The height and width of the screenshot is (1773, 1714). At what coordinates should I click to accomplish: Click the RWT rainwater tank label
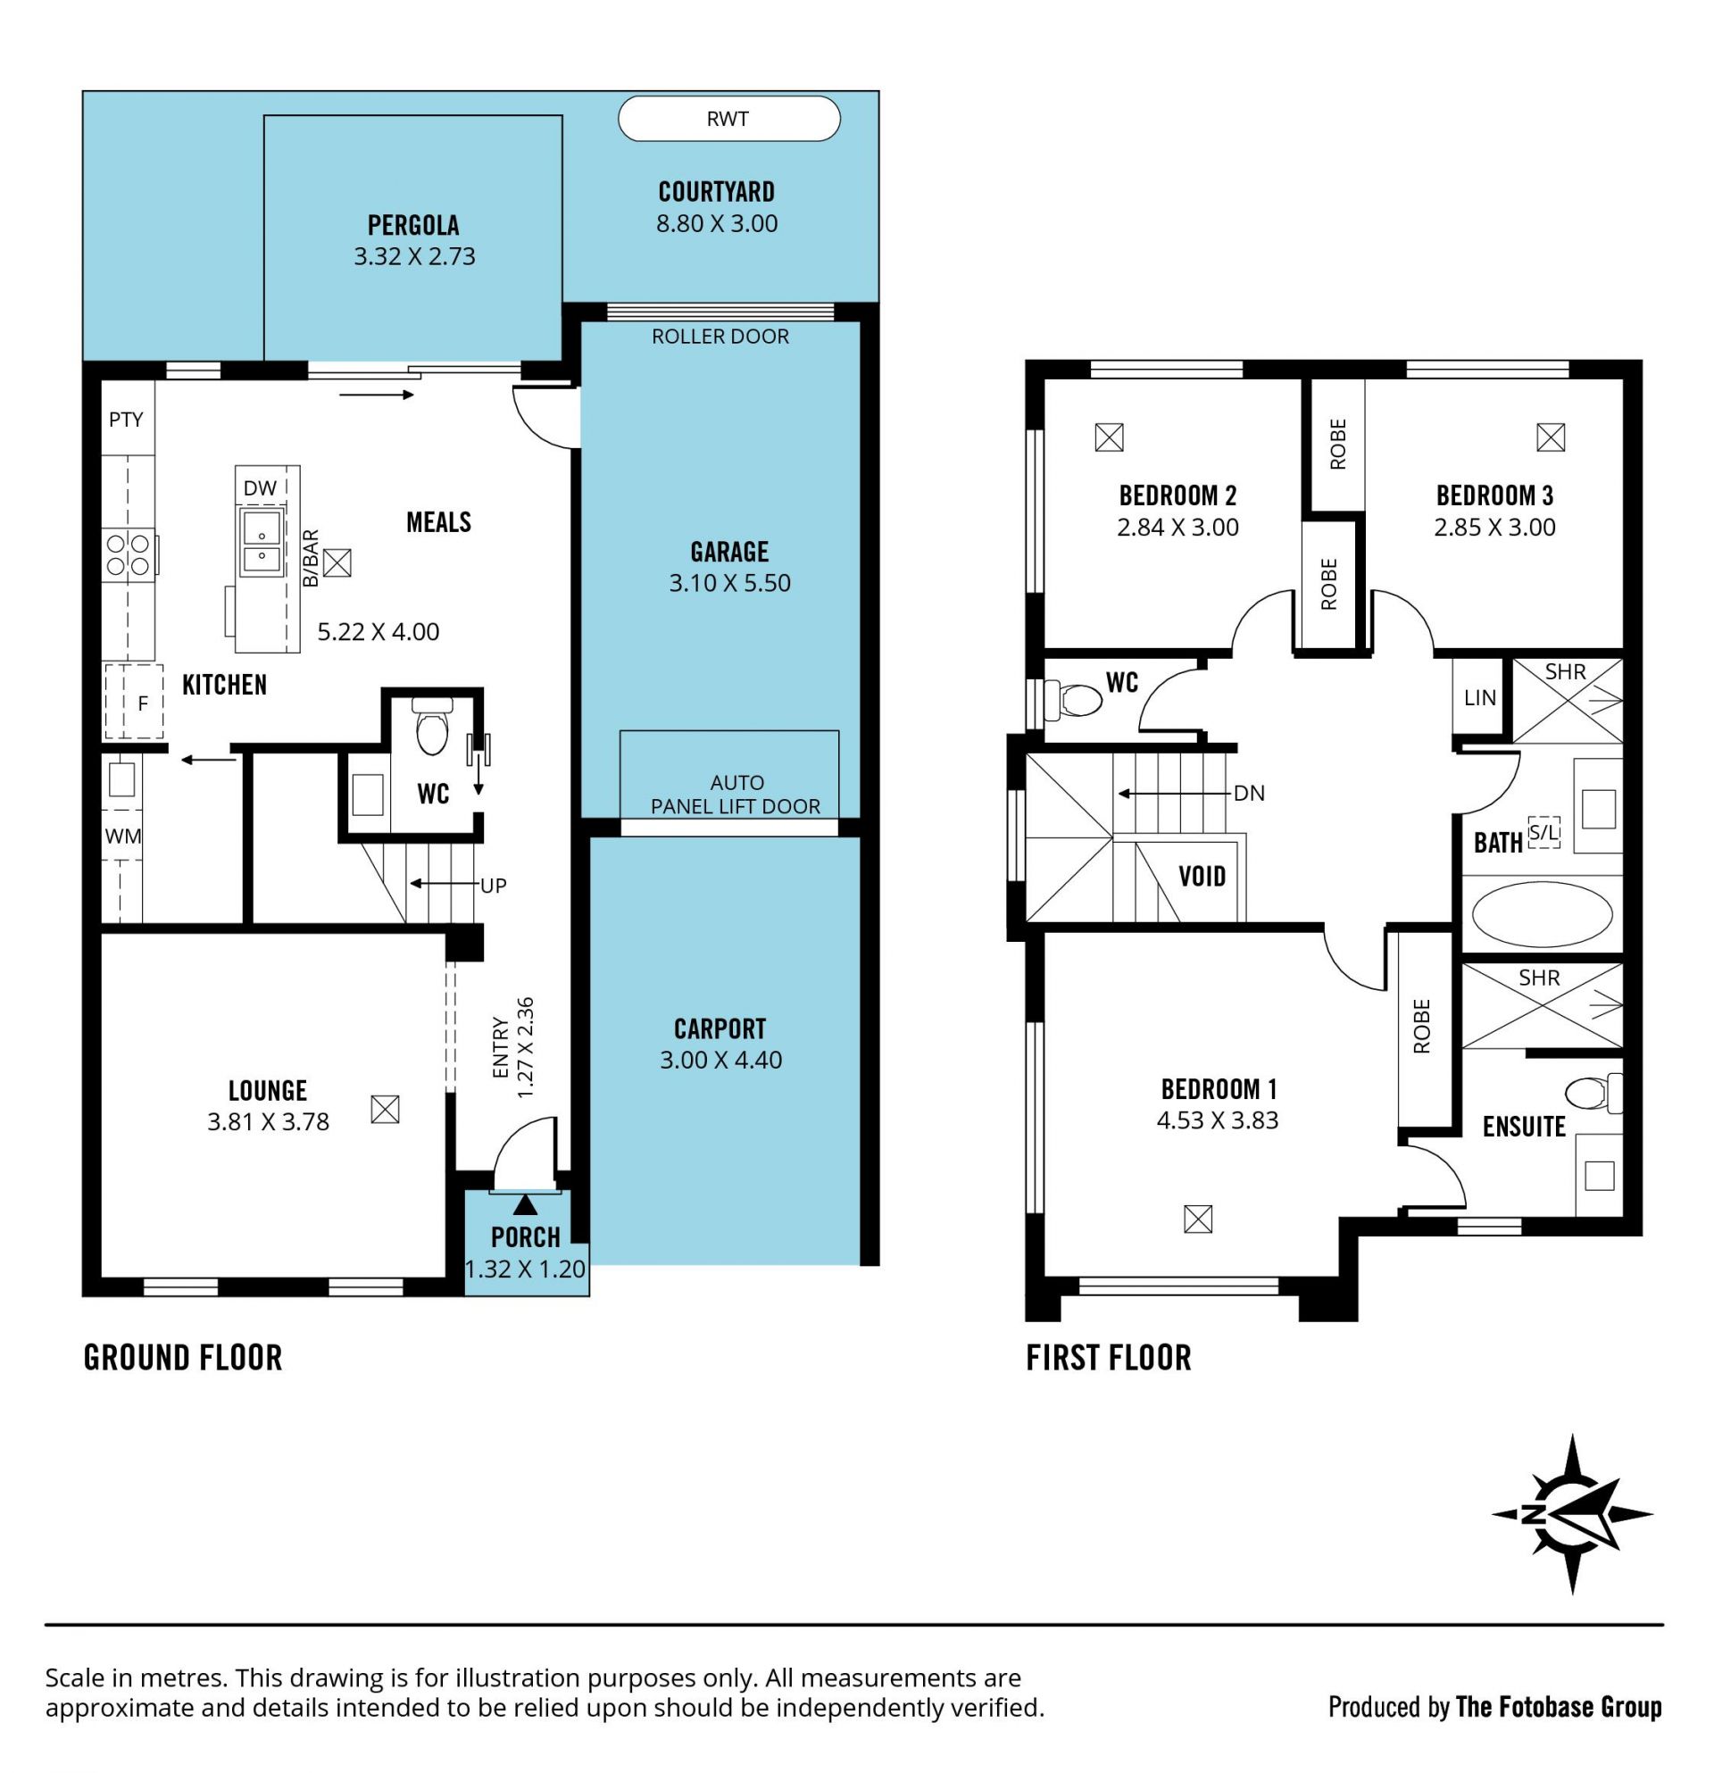pyautogui.click(x=728, y=119)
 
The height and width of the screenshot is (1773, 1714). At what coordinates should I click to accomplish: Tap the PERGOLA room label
pyautogui.click(x=413, y=224)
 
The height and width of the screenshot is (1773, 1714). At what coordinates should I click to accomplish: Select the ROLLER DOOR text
pyautogui.click(x=720, y=337)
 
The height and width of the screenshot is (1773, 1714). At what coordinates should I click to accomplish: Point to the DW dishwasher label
pyautogui.click(x=260, y=488)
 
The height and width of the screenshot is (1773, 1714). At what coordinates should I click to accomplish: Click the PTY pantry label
pyautogui.click(x=126, y=419)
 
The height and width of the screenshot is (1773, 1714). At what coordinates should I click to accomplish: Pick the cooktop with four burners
pyautogui.click(x=129, y=554)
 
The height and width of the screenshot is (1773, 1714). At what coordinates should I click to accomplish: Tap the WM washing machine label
pyautogui.click(x=123, y=836)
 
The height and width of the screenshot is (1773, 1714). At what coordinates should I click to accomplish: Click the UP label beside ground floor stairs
pyautogui.click(x=493, y=886)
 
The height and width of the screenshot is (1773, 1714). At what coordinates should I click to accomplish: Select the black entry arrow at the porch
pyautogui.click(x=525, y=1205)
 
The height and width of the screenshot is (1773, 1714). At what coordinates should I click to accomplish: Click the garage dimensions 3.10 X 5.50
pyautogui.click(x=730, y=583)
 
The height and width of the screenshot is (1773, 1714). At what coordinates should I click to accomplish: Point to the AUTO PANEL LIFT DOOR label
pyautogui.click(x=736, y=795)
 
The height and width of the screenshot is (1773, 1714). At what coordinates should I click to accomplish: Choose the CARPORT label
pyautogui.click(x=720, y=1028)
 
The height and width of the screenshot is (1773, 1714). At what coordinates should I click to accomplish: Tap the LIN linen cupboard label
pyautogui.click(x=1480, y=697)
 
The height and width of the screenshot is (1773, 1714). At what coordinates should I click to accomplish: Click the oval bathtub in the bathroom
pyautogui.click(x=1542, y=915)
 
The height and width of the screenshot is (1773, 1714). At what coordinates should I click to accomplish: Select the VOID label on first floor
pyautogui.click(x=1202, y=876)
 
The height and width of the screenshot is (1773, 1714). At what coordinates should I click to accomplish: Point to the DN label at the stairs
pyautogui.click(x=1249, y=794)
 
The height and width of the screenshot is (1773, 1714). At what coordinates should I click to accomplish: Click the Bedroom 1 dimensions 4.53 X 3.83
pyautogui.click(x=1218, y=1120)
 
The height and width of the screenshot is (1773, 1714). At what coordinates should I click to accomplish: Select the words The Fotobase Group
pyautogui.click(x=1559, y=1707)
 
